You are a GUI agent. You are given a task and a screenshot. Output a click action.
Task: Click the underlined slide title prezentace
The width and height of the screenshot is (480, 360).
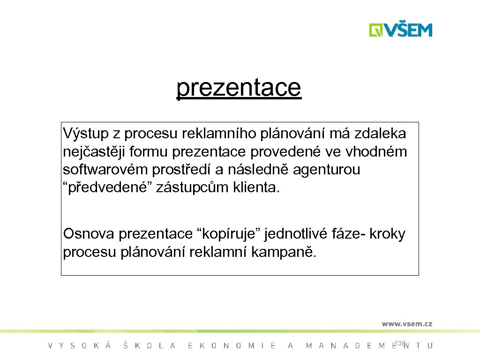pyautogui.click(x=239, y=88)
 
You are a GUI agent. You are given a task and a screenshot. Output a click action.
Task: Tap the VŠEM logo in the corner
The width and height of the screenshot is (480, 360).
pyautogui.click(x=400, y=30)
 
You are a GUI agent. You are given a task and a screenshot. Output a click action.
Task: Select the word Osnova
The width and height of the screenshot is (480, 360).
pyautogui.click(x=89, y=233)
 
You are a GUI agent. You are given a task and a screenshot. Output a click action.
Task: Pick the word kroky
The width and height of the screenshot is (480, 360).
pyautogui.click(x=387, y=233)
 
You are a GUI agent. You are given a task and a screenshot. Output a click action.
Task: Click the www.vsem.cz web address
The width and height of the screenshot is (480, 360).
pyautogui.click(x=406, y=323)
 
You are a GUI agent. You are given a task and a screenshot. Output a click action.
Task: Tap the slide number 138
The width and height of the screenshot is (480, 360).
pyautogui.click(x=400, y=344)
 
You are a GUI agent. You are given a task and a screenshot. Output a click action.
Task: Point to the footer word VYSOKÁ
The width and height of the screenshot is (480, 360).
pyautogui.click(x=80, y=346)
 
